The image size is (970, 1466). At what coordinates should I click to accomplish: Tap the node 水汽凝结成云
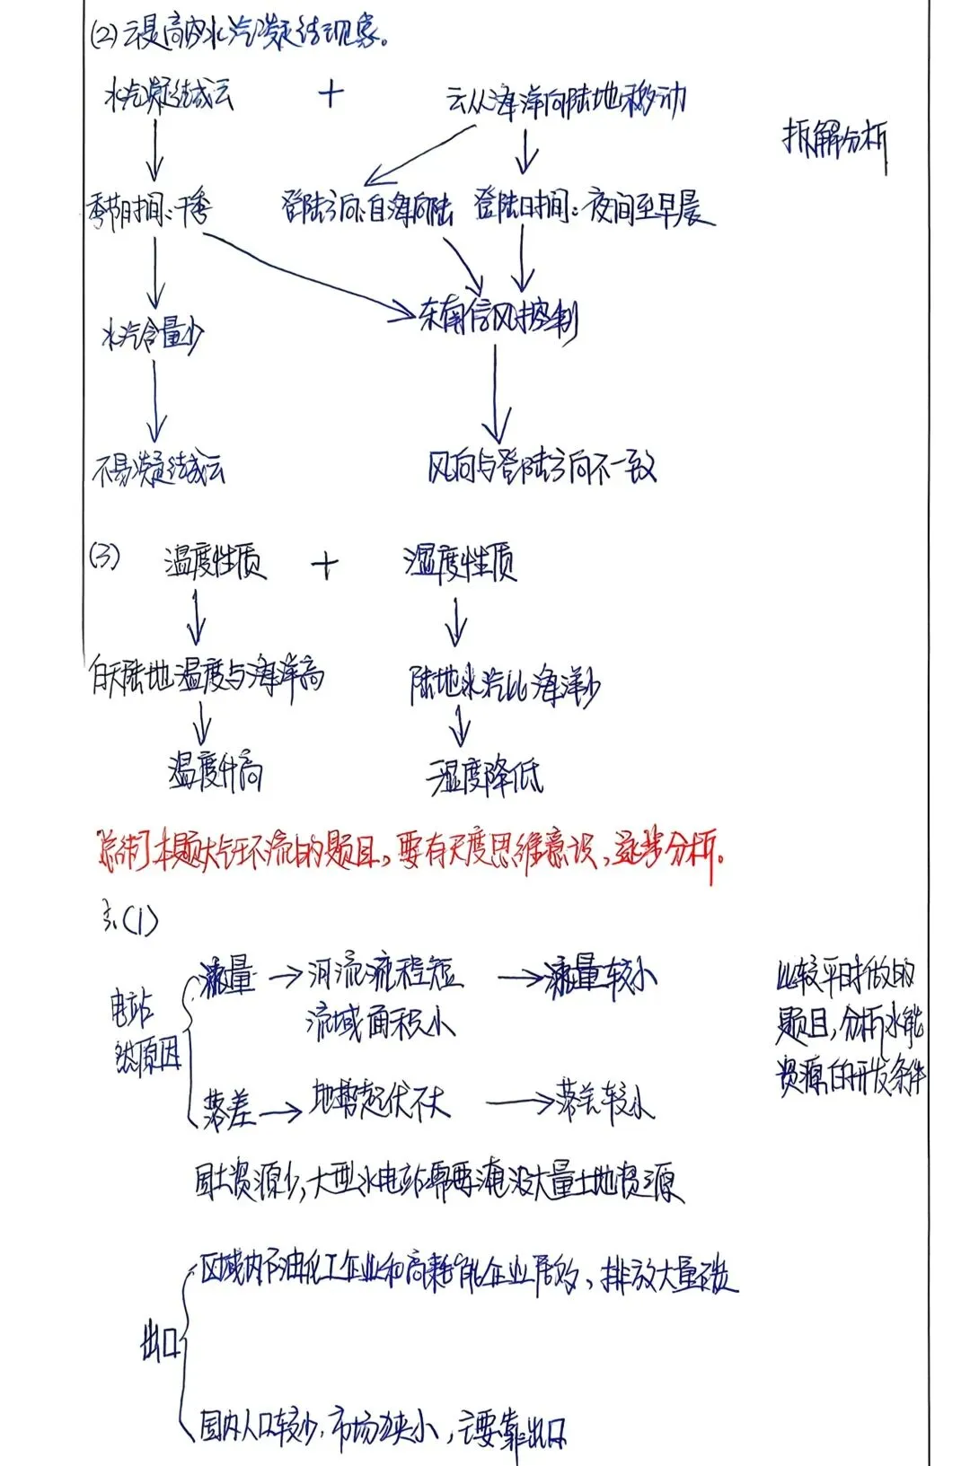pos(169,95)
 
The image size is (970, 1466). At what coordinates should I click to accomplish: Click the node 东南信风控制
pos(498,316)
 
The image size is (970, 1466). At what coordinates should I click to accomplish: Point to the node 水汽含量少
pos(152,336)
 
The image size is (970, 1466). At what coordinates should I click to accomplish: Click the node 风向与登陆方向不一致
pos(542,467)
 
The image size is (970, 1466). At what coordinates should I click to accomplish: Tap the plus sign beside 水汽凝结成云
pos(331,92)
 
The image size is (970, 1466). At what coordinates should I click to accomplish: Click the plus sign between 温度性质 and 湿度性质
pos(325,566)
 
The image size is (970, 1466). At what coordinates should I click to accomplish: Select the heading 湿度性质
pos(460,564)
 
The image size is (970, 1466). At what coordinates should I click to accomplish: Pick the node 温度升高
pos(216,772)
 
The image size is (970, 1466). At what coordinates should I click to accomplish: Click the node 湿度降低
pos(485,777)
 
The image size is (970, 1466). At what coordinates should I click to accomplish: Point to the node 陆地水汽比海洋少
pos(504,687)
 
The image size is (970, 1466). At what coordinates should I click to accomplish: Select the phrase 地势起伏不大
pos(379,1100)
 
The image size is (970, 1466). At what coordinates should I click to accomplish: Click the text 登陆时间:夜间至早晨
pos(594,209)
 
